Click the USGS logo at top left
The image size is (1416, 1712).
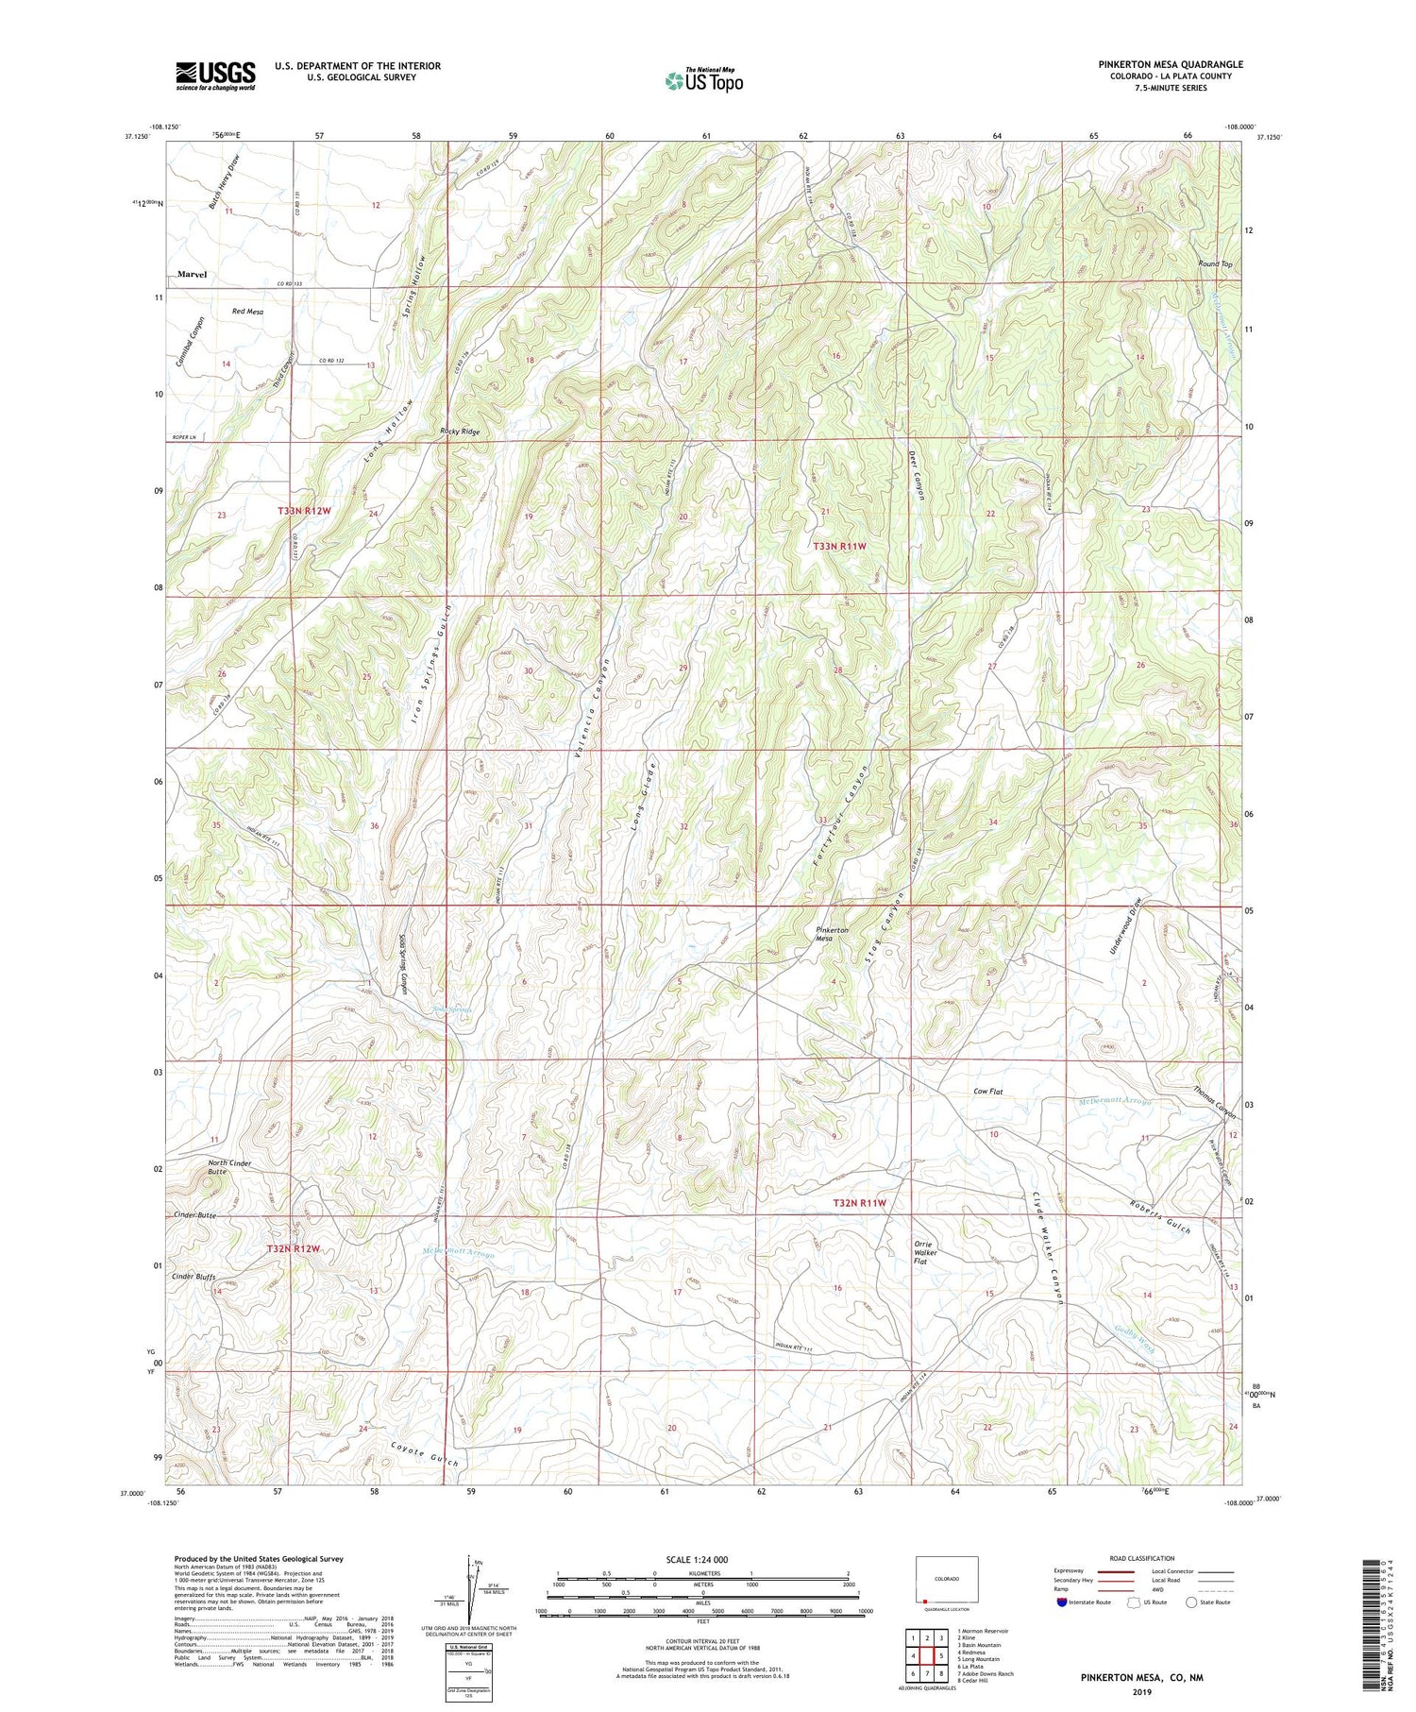click(215, 76)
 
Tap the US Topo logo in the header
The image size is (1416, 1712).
click(703, 81)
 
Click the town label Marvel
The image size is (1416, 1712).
click(192, 275)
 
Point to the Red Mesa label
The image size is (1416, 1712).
click(247, 312)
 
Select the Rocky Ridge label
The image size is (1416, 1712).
click(460, 432)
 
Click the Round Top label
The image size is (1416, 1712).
click(1215, 264)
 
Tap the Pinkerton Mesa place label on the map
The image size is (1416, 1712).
click(832, 936)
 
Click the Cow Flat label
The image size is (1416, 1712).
click(987, 1093)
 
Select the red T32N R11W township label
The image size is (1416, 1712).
click(859, 1203)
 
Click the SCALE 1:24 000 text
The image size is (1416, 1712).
click(702, 1559)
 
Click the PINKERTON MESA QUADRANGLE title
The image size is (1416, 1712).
click(1171, 64)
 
